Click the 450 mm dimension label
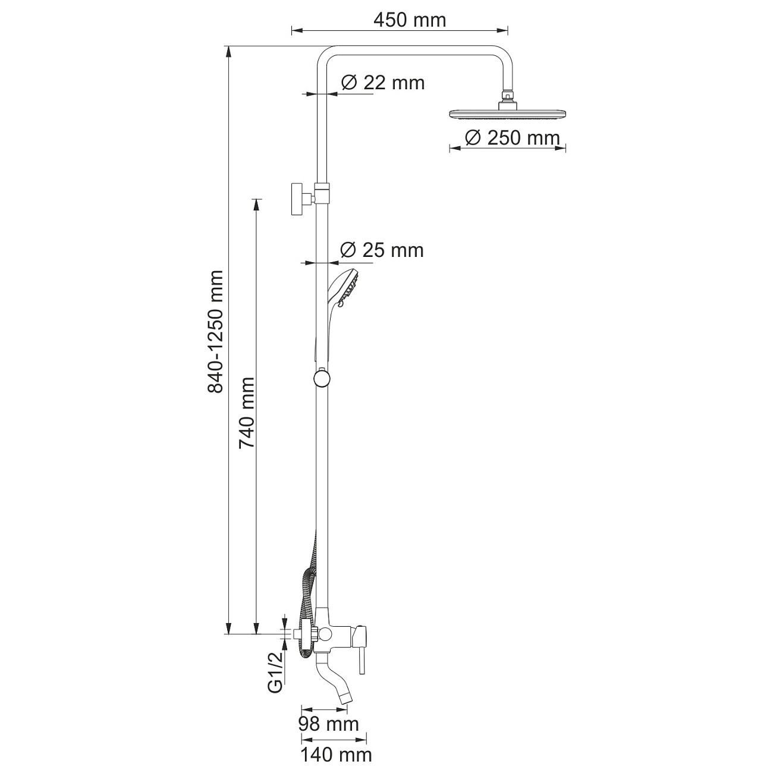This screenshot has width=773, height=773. tap(410, 20)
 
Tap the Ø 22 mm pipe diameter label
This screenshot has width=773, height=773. tap(383, 83)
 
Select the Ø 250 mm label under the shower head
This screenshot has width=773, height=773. tap(512, 138)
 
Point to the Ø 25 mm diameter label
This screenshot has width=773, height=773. tap(382, 250)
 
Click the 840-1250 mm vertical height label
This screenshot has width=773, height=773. tap(215, 331)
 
